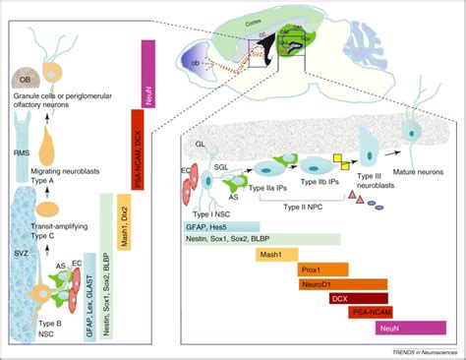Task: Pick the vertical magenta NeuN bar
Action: [150, 69]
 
